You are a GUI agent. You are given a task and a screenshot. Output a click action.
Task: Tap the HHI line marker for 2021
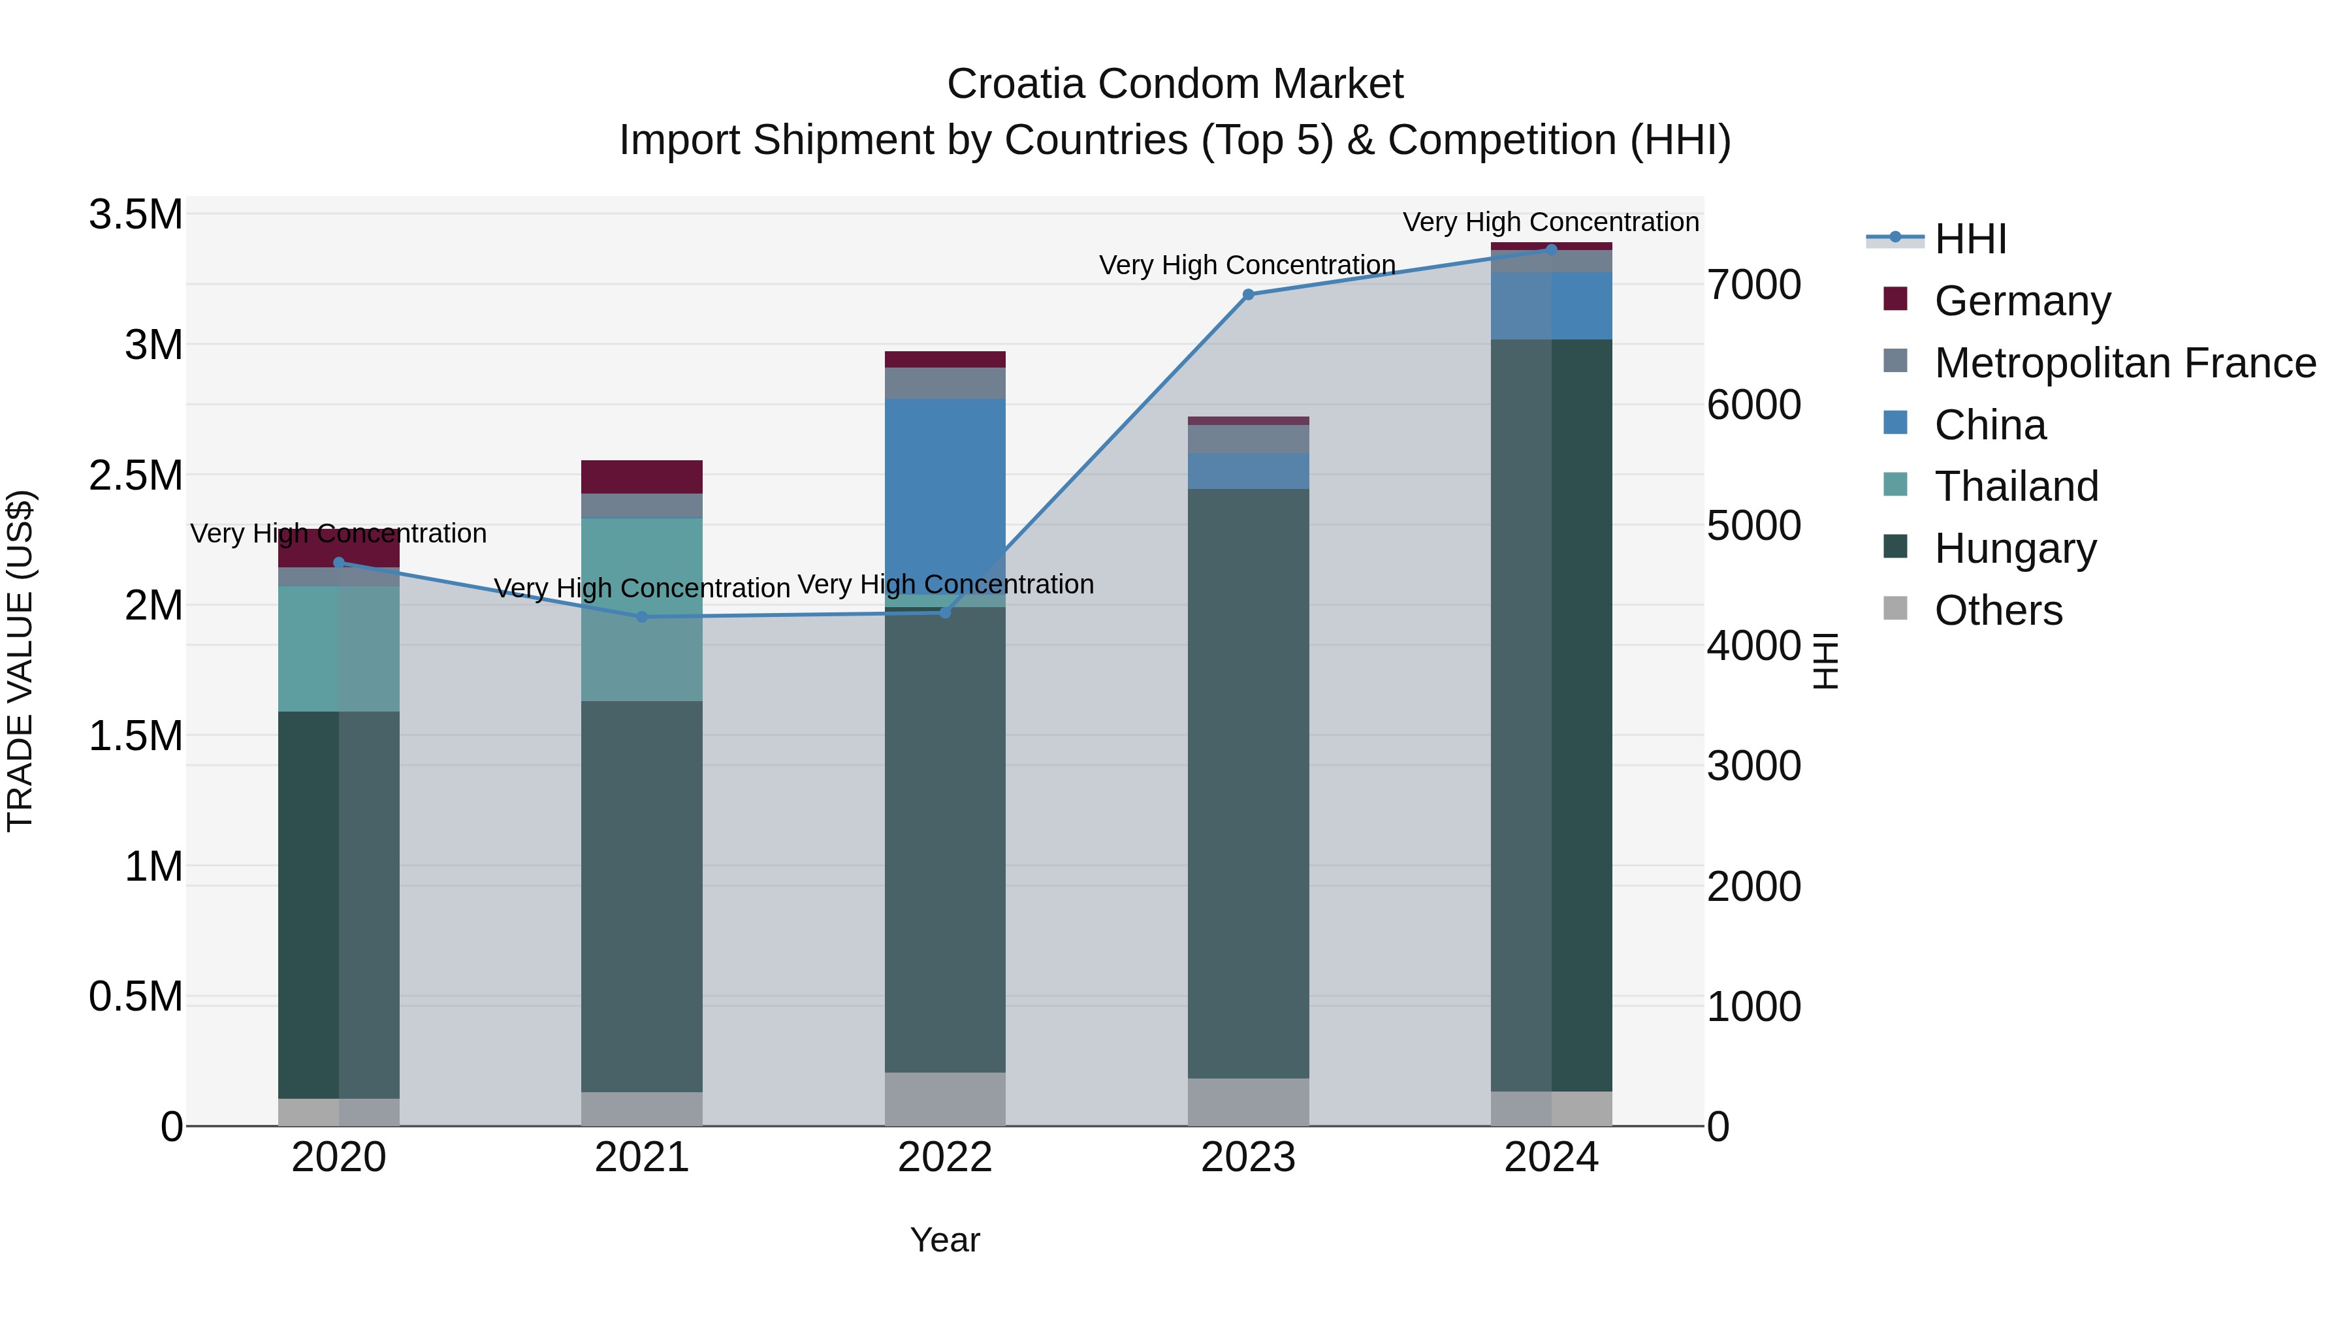[x=641, y=617]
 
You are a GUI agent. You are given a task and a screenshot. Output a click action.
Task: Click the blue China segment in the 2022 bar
[x=944, y=484]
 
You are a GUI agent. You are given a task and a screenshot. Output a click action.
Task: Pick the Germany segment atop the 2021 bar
[x=641, y=477]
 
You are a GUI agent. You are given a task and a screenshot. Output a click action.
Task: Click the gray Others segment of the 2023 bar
[x=1247, y=1102]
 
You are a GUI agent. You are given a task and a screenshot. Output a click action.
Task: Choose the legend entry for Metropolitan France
[x=2124, y=363]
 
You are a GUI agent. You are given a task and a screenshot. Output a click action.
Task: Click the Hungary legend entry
[x=2015, y=548]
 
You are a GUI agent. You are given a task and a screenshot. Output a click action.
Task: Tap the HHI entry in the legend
[x=1970, y=239]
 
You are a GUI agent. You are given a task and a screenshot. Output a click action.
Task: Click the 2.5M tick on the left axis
[x=136, y=475]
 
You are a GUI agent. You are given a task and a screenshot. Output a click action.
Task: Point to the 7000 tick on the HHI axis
[x=1753, y=285]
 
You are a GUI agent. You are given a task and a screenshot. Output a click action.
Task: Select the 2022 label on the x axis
[x=944, y=1157]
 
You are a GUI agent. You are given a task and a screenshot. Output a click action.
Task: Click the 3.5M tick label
[x=136, y=215]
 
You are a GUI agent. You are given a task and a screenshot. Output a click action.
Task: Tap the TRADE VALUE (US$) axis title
[x=20, y=661]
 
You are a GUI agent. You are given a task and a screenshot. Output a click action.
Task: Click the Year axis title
[x=944, y=1240]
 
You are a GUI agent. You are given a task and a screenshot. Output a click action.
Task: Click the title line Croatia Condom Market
[x=1175, y=84]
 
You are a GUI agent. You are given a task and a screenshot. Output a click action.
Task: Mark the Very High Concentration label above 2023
[x=1247, y=264]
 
